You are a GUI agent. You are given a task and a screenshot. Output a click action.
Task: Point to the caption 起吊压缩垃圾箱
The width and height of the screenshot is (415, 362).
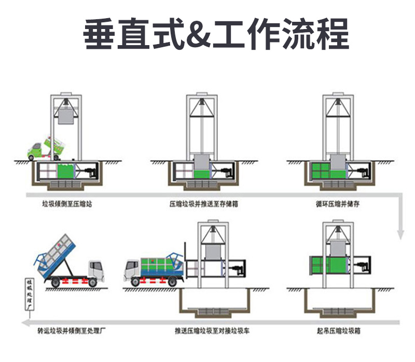click(338, 330)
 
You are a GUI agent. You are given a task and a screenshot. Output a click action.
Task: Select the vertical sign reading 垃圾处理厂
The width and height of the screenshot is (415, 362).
click(30, 296)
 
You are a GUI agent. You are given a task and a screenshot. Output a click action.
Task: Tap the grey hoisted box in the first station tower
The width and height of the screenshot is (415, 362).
click(66, 114)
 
